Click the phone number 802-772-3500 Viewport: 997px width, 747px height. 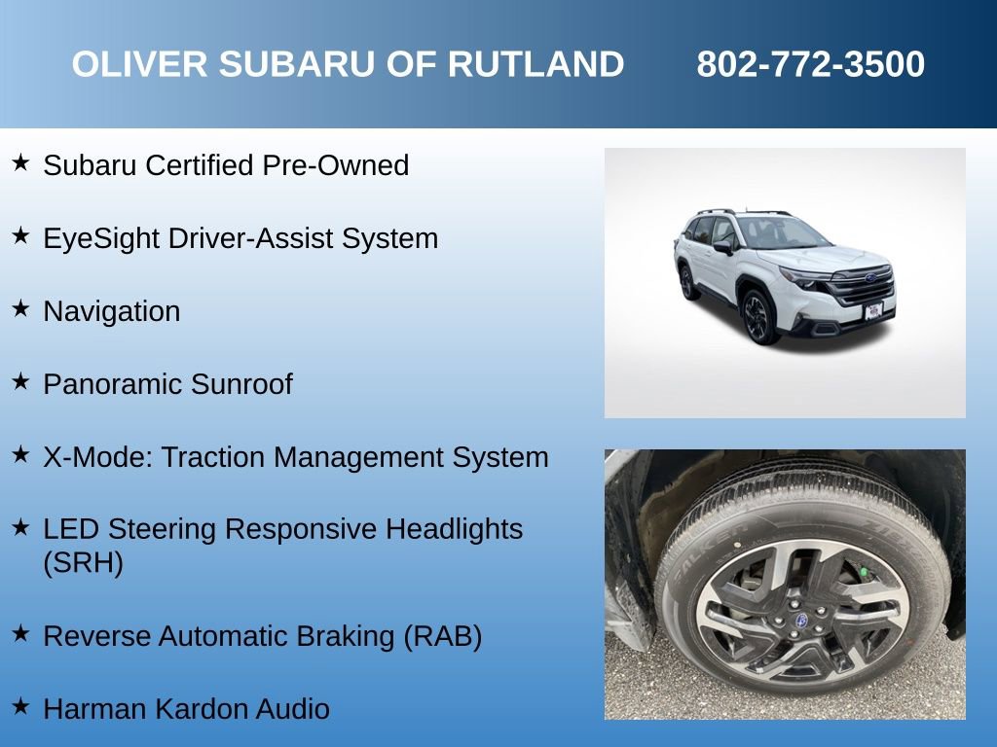coord(810,65)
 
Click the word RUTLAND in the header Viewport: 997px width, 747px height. coord(535,65)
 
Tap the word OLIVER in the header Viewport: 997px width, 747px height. coord(139,65)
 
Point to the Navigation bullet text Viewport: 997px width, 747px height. coord(112,311)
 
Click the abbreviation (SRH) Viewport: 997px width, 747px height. coord(83,563)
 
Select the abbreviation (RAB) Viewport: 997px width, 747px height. coord(442,636)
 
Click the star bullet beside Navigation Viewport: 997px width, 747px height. coord(20,308)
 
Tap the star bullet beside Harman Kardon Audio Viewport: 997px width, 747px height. coord(20,706)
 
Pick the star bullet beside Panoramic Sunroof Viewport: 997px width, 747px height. coord(20,381)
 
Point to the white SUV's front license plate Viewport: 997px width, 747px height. coord(874,311)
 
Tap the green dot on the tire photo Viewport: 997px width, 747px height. coord(863,571)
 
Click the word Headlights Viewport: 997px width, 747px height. coord(455,530)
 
